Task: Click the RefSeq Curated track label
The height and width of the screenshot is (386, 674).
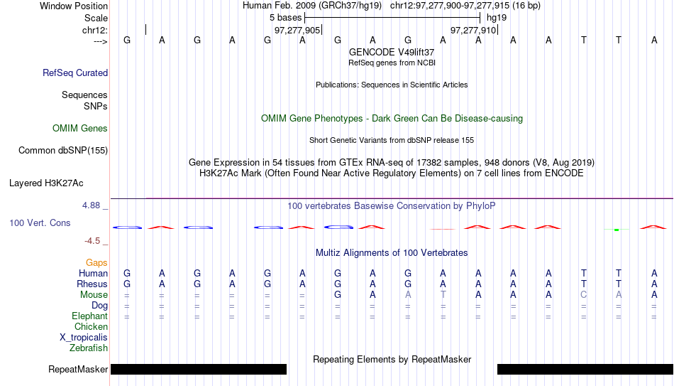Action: click(75, 73)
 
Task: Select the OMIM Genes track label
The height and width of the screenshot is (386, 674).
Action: click(80, 129)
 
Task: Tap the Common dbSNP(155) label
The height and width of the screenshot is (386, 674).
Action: click(63, 151)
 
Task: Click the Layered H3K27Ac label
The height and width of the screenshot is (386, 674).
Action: click(46, 183)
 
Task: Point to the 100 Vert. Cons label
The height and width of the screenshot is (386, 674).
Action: click(40, 223)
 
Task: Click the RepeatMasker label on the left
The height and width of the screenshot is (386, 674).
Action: click(78, 369)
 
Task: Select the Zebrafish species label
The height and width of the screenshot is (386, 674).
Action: click(89, 348)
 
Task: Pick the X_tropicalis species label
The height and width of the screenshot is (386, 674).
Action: click(84, 338)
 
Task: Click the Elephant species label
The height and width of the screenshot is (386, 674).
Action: click(89, 316)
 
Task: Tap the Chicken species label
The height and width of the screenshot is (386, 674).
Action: click(91, 326)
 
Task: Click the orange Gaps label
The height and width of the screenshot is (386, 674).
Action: click(96, 263)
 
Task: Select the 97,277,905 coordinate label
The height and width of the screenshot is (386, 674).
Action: click(297, 30)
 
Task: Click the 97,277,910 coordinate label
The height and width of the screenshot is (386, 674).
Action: click(473, 30)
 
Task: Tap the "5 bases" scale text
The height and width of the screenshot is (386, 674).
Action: click(286, 18)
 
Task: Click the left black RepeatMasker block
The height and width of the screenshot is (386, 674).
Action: click(199, 369)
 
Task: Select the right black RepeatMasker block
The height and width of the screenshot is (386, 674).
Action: click(585, 369)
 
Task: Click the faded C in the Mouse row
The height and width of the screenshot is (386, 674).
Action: click(583, 295)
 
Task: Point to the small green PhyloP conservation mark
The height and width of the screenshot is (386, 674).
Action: click(617, 230)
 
